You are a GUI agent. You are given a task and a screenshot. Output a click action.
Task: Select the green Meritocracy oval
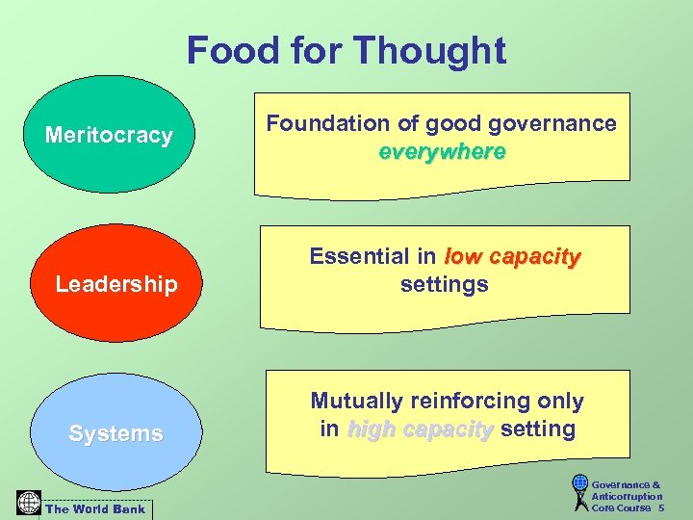pyautogui.click(x=108, y=135)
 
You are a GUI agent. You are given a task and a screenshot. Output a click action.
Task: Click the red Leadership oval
pyautogui.click(x=115, y=283)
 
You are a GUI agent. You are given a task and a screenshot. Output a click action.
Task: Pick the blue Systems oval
pyautogui.click(x=115, y=433)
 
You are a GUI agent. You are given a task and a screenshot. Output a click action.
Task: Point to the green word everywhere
pyautogui.click(x=442, y=152)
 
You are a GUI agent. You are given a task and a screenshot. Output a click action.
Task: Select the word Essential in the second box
pyautogui.click(x=359, y=256)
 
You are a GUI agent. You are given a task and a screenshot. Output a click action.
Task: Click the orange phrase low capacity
pyautogui.click(x=513, y=256)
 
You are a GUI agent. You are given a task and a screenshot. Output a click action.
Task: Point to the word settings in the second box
pyautogui.click(x=444, y=284)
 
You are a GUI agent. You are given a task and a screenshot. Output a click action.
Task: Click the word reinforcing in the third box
pyautogui.click(x=475, y=401)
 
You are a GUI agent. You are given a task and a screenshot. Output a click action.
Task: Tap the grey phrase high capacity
pyautogui.click(x=420, y=429)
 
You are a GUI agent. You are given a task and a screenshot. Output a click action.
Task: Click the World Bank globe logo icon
pyautogui.click(x=29, y=503)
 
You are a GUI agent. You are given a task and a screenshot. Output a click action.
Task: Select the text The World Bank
pyautogui.click(x=96, y=509)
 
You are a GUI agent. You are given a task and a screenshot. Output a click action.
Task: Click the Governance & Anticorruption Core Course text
pyautogui.click(x=627, y=496)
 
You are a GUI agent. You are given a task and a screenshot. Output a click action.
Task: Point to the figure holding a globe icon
pyautogui.click(x=579, y=492)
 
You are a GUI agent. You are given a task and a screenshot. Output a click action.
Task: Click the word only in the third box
pyautogui.click(x=561, y=401)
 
